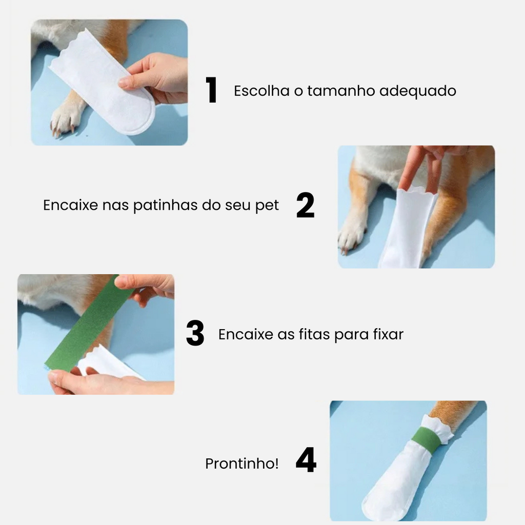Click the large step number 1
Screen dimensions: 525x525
click(211, 90)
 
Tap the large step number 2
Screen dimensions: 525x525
click(306, 205)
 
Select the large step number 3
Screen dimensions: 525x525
click(195, 333)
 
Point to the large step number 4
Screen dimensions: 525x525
click(306, 460)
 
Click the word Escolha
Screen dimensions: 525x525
click(261, 91)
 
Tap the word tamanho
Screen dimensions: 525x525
click(341, 91)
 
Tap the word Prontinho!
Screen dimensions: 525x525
click(242, 463)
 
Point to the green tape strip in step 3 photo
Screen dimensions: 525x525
click(88, 323)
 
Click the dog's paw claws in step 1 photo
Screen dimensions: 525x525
click(64, 128)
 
